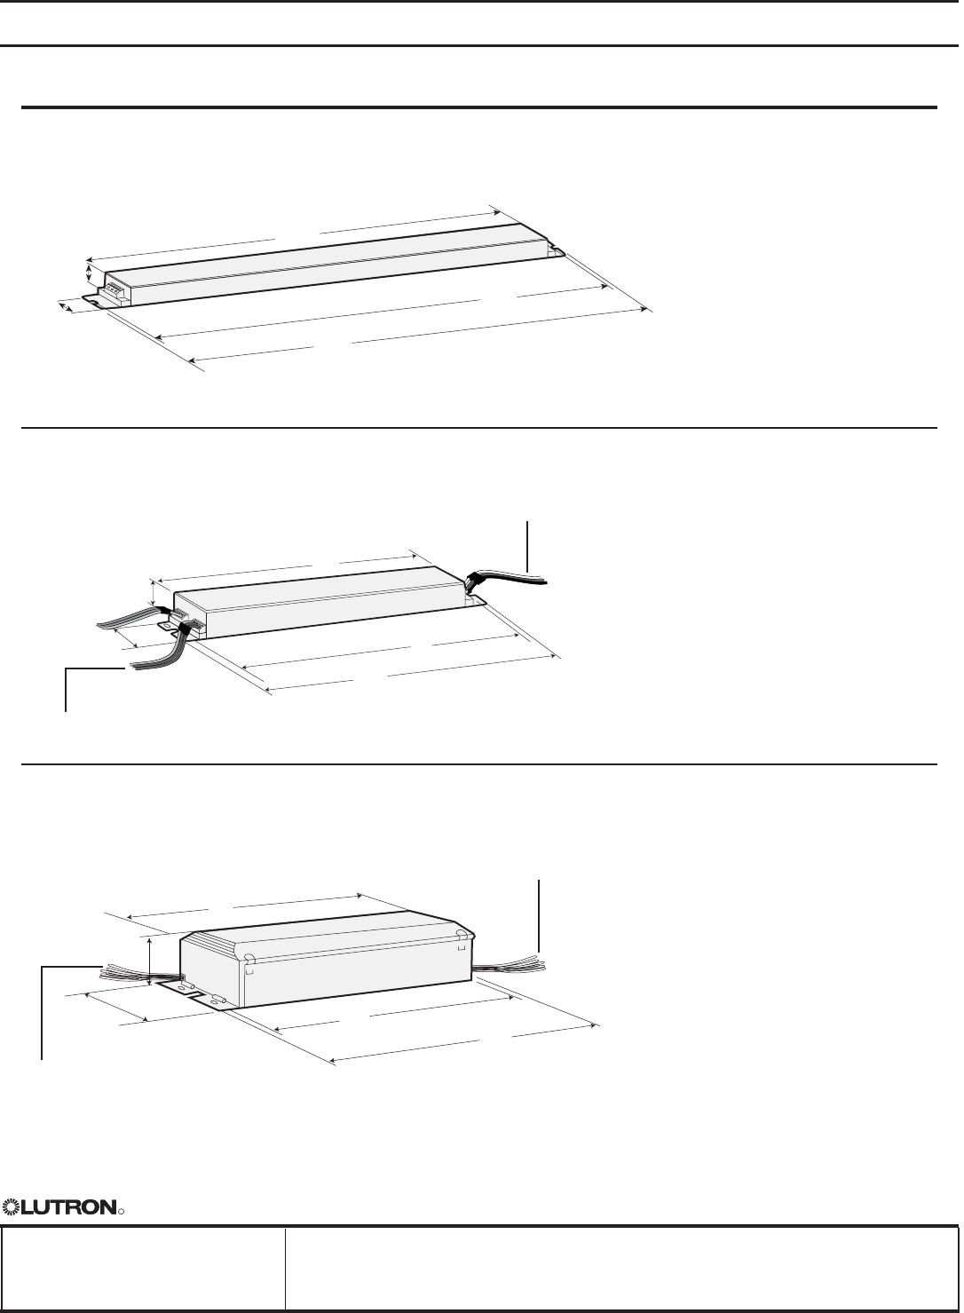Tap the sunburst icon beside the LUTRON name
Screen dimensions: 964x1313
pos(12,1206)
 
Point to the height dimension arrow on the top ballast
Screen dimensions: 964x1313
pos(89,273)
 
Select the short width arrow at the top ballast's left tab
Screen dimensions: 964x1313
pos(66,306)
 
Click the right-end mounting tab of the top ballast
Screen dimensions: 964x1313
pos(555,252)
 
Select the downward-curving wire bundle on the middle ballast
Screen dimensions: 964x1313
pos(164,649)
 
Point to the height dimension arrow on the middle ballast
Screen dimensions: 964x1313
pos(154,593)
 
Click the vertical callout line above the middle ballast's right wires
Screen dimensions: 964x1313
pos(527,546)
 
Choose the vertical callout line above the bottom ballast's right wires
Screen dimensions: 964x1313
pos(539,914)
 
